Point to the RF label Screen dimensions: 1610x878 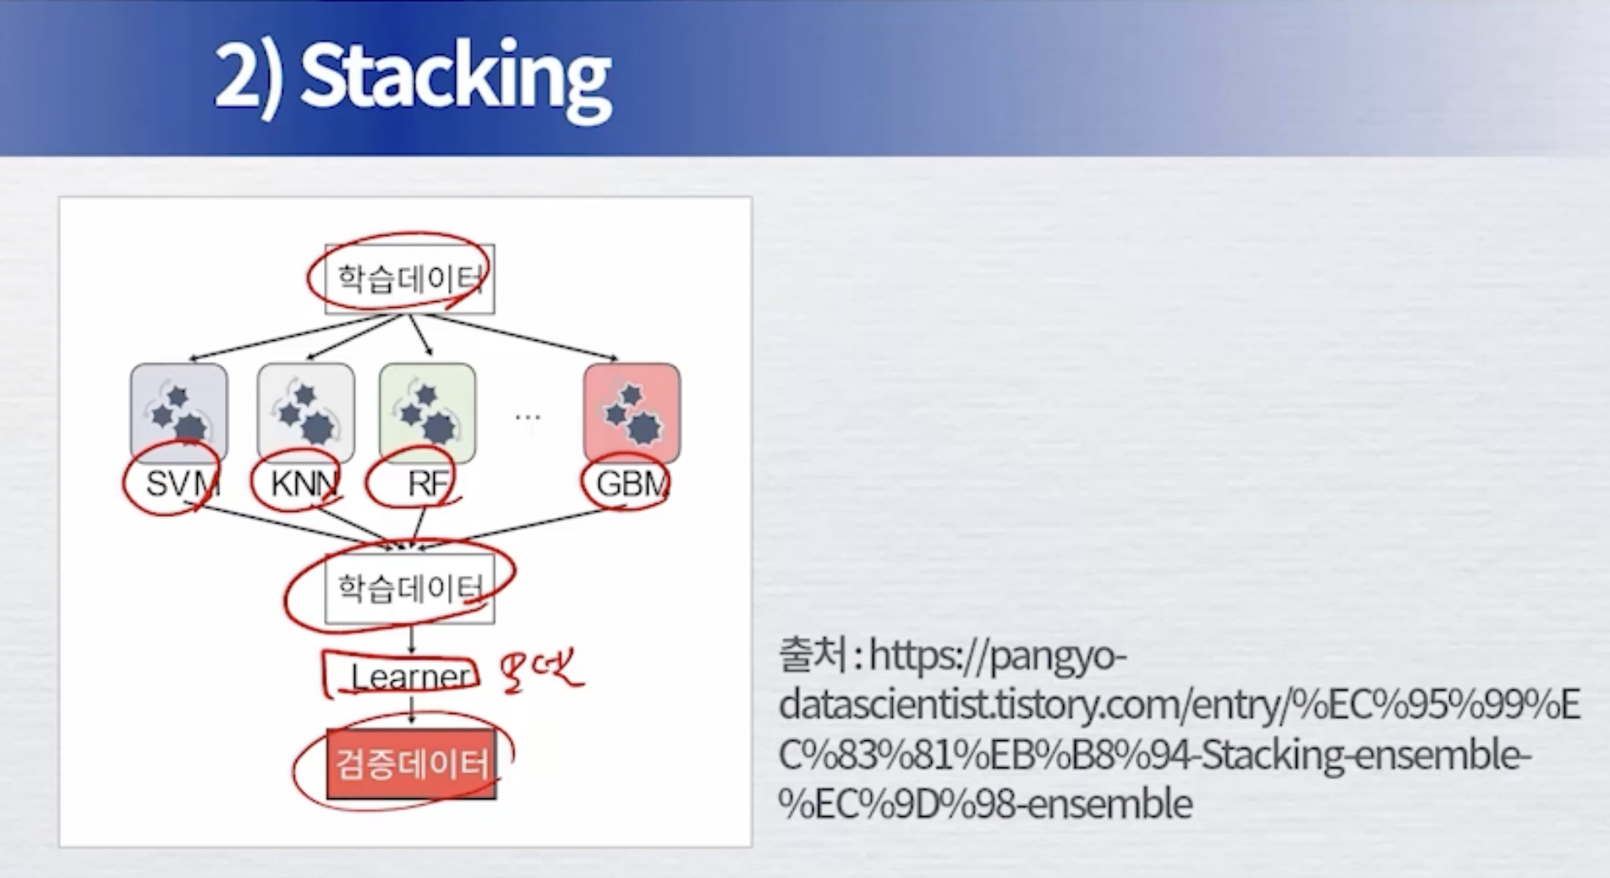pyautogui.click(x=427, y=484)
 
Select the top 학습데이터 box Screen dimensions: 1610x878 pyautogui.click(x=410, y=278)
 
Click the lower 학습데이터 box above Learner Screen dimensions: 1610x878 pyautogui.click(x=410, y=589)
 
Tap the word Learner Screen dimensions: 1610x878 pyautogui.click(x=411, y=677)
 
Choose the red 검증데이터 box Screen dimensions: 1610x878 pyautogui.click(x=412, y=764)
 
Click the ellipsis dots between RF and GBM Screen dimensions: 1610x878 pyautogui.click(x=528, y=416)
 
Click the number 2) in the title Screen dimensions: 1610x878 pyautogui.click(x=247, y=78)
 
